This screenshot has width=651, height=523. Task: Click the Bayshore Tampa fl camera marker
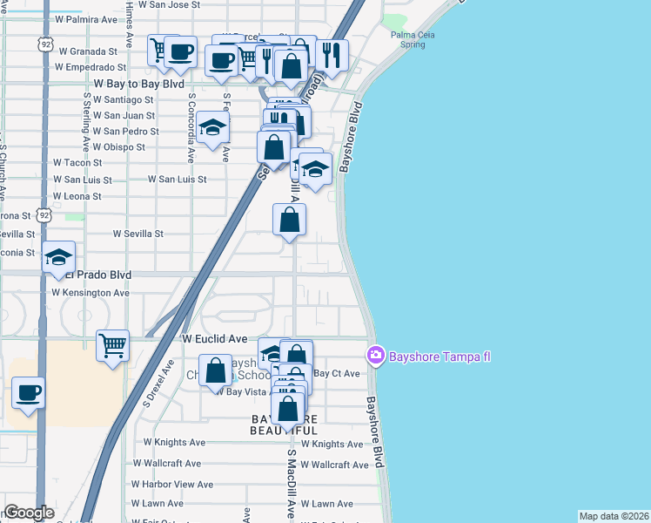click(376, 355)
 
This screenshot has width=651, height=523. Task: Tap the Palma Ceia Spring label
click(413, 39)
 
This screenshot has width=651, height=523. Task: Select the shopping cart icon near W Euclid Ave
click(113, 346)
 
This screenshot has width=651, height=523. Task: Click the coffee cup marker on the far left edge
click(28, 393)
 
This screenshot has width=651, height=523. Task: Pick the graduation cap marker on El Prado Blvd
click(58, 257)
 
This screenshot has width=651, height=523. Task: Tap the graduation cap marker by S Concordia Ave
click(212, 128)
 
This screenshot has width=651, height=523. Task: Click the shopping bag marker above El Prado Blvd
click(289, 221)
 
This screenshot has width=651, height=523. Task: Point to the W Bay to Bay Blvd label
click(138, 85)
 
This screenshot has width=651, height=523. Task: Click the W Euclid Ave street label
click(215, 337)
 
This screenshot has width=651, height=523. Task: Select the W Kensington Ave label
click(91, 293)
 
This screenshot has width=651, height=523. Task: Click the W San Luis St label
click(177, 179)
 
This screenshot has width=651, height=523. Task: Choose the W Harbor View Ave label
click(171, 484)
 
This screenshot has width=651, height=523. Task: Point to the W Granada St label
click(86, 51)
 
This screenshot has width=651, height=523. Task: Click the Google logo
click(30, 513)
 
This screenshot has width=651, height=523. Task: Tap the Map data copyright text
click(614, 516)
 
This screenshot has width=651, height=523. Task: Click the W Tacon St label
click(77, 162)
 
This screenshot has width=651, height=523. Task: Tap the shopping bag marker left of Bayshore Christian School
click(216, 370)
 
